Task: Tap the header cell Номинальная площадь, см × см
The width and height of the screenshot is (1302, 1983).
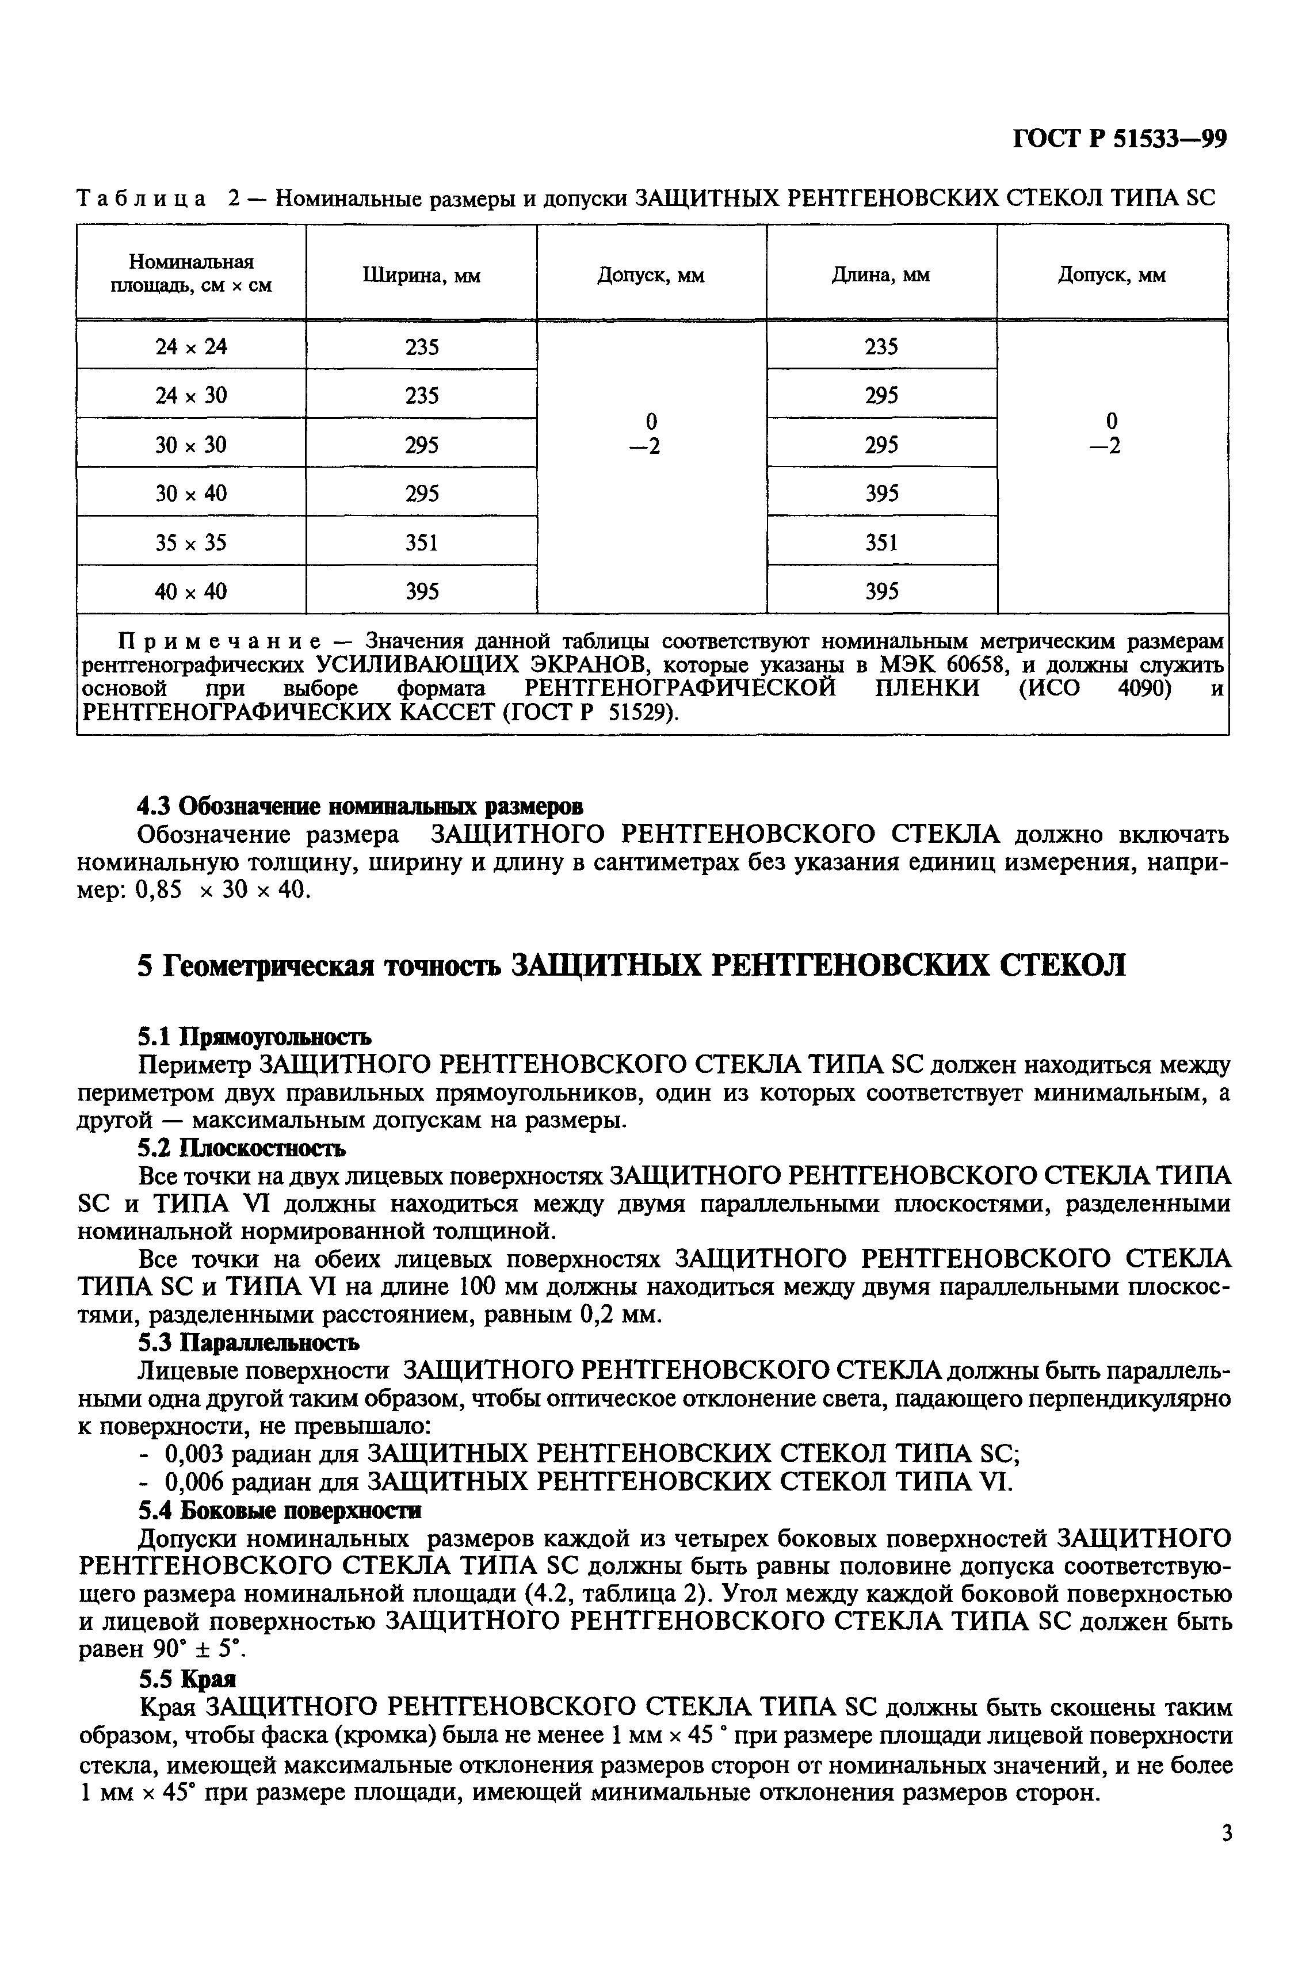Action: click(x=192, y=274)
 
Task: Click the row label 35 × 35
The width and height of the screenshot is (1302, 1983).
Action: click(x=191, y=543)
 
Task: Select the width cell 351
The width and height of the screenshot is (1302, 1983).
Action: click(x=422, y=543)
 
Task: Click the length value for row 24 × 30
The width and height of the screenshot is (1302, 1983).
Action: click(x=881, y=395)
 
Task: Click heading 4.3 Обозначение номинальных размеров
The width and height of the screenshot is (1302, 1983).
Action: click(x=360, y=807)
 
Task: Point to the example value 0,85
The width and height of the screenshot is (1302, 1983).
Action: click(x=158, y=890)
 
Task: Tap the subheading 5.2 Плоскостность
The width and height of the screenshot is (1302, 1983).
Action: click(x=240, y=1148)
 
